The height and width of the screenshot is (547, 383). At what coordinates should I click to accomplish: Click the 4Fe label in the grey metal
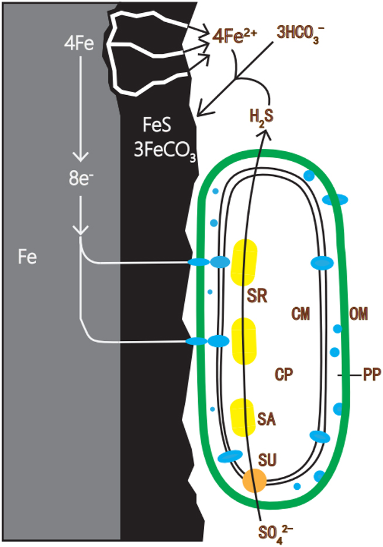(x=80, y=43)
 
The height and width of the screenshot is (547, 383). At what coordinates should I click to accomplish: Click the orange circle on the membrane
(x=254, y=480)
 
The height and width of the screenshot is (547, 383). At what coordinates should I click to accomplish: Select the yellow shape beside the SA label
(x=243, y=417)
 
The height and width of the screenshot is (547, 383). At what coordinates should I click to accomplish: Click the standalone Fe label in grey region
(x=27, y=257)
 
